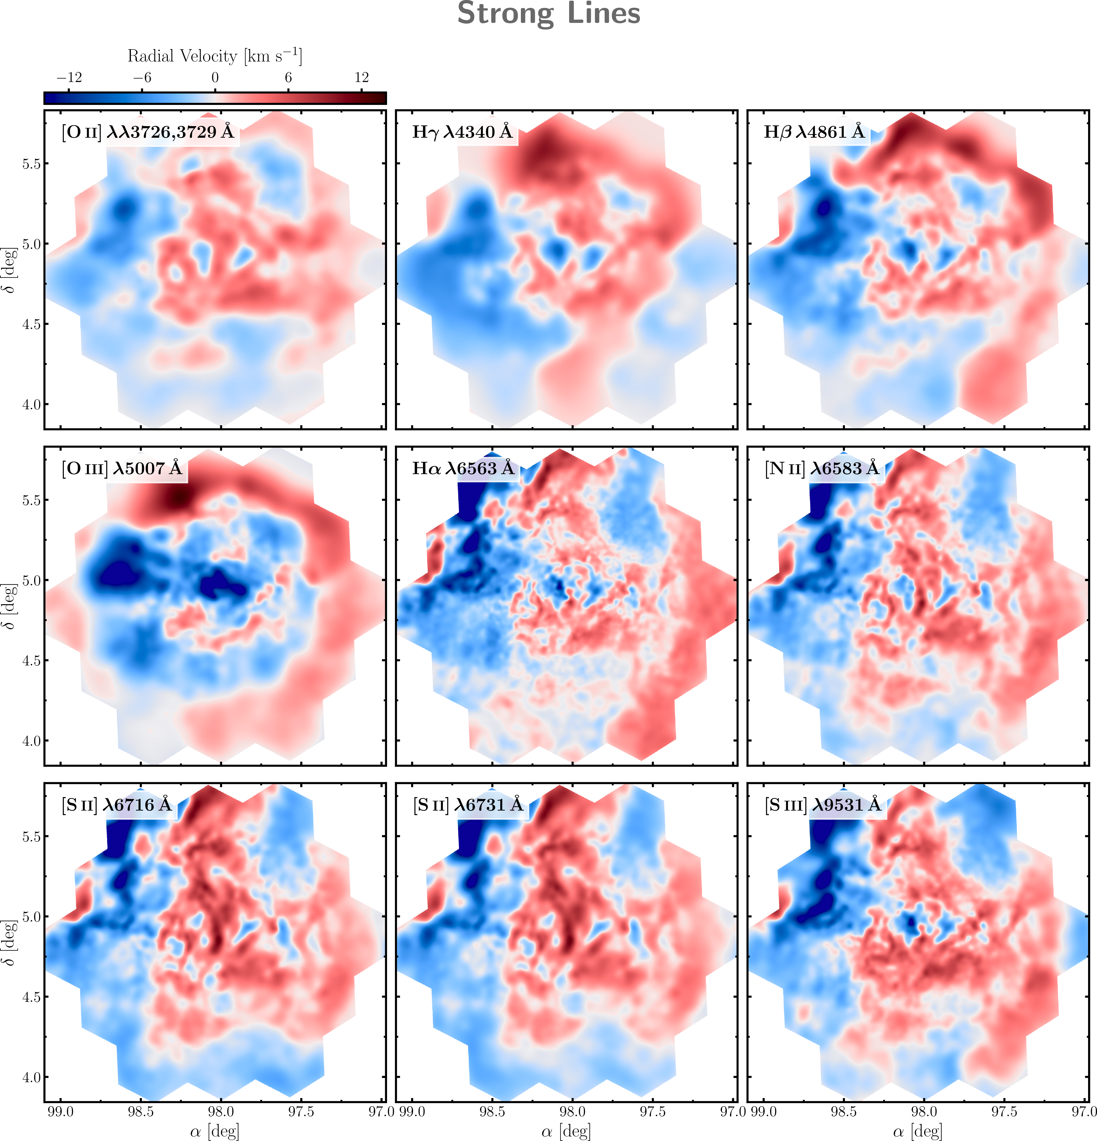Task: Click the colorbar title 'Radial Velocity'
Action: pos(182,56)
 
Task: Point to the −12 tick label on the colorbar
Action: pos(69,77)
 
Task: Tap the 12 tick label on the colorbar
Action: pos(361,77)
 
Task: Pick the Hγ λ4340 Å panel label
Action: pos(463,133)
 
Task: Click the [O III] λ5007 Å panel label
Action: pos(122,469)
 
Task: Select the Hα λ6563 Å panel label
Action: pos(464,469)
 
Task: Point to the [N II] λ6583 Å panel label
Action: pos(822,469)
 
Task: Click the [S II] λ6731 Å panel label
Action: pos(469,805)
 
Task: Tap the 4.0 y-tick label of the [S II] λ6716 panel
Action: pos(31,1078)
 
